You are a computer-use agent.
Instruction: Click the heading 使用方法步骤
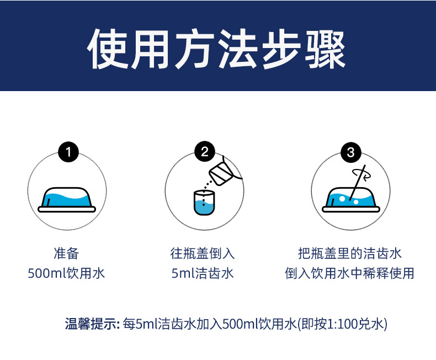pos(216,49)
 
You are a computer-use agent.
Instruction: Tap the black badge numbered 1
pos(68,152)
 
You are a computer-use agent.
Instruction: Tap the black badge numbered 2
pos(205,151)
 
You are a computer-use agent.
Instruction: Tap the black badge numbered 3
pos(351,152)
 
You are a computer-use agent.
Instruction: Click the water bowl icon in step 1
pos(67,199)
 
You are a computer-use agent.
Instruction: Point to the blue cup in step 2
pos(204,203)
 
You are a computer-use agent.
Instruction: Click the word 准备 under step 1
pos(66,253)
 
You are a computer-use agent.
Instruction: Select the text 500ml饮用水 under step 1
pos(66,273)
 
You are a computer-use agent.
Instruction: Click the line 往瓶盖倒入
pos(203,253)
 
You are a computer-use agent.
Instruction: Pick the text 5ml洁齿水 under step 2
pos(203,273)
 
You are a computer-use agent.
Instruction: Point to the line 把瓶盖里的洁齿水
pos(350,253)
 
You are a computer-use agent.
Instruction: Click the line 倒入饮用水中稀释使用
pos(350,273)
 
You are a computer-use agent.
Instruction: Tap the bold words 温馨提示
pos(91,324)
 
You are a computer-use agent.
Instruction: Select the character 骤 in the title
pos(325,49)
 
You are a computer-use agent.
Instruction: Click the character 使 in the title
pos(108,49)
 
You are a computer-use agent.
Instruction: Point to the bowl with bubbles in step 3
pos(351,200)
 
